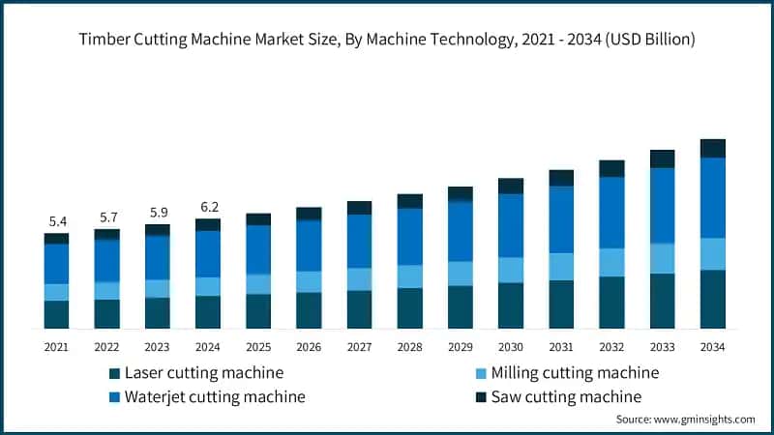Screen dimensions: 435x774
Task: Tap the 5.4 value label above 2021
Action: tap(57, 222)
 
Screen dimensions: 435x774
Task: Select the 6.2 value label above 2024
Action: tap(208, 207)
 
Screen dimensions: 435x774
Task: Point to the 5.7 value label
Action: tap(107, 217)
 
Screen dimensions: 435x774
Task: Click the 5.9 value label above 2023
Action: tap(158, 213)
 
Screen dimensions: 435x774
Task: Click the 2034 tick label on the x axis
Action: tap(713, 346)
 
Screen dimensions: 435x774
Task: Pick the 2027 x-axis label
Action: tap(359, 346)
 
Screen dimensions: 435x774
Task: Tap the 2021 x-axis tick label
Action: tap(57, 346)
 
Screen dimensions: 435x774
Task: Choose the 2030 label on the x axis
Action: tap(511, 346)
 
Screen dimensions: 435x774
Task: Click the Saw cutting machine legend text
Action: tap(566, 396)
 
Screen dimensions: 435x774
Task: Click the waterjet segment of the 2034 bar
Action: tap(713, 197)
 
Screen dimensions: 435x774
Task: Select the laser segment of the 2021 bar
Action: tap(57, 314)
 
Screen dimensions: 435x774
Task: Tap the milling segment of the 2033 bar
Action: tap(663, 258)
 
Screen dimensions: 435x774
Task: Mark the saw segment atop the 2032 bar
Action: tap(611, 168)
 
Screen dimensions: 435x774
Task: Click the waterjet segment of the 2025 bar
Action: tap(258, 249)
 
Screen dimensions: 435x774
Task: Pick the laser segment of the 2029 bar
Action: tap(461, 307)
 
